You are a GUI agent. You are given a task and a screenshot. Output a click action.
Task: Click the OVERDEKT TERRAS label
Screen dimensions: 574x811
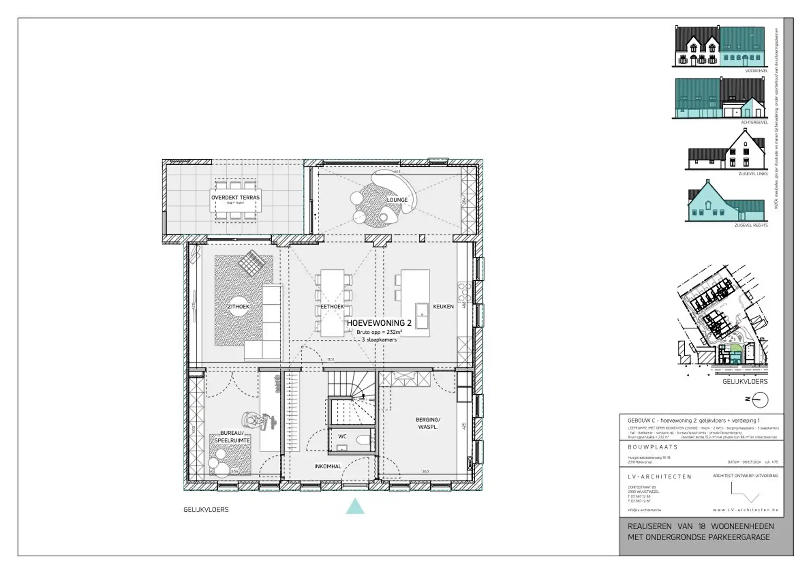(235, 197)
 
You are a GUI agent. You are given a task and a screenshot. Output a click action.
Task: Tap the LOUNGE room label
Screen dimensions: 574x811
(397, 200)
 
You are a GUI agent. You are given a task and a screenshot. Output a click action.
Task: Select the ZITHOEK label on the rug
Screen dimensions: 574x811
(238, 307)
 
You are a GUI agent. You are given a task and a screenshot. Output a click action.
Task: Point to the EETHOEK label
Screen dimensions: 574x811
(332, 307)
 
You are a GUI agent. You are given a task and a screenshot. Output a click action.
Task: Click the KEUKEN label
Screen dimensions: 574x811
(443, 307)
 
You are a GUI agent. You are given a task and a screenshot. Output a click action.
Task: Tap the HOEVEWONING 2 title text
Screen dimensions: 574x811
(379, 323)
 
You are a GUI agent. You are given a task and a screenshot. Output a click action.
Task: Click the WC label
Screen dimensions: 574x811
(342, 436)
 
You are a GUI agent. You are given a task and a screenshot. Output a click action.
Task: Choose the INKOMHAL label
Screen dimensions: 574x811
(328, 466)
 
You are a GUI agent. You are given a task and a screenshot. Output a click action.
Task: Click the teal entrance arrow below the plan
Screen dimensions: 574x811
(355, 507)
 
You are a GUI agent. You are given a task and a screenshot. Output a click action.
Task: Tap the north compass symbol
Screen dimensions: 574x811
(760, 399)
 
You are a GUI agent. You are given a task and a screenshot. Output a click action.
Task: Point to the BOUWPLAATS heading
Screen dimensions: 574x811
(652, 447)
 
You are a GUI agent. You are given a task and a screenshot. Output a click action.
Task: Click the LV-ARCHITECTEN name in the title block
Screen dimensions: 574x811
(659, 476)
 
